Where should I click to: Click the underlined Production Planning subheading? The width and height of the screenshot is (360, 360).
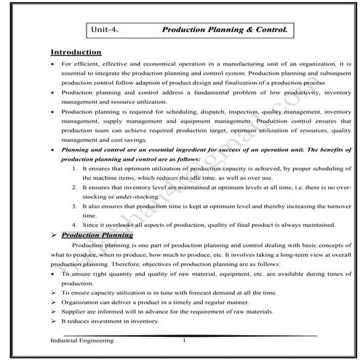(97, 236)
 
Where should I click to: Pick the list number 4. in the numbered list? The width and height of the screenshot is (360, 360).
(75, 225)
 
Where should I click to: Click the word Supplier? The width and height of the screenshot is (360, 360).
(76, 311)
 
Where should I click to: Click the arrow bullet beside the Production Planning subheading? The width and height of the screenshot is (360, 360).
(53, 236)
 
